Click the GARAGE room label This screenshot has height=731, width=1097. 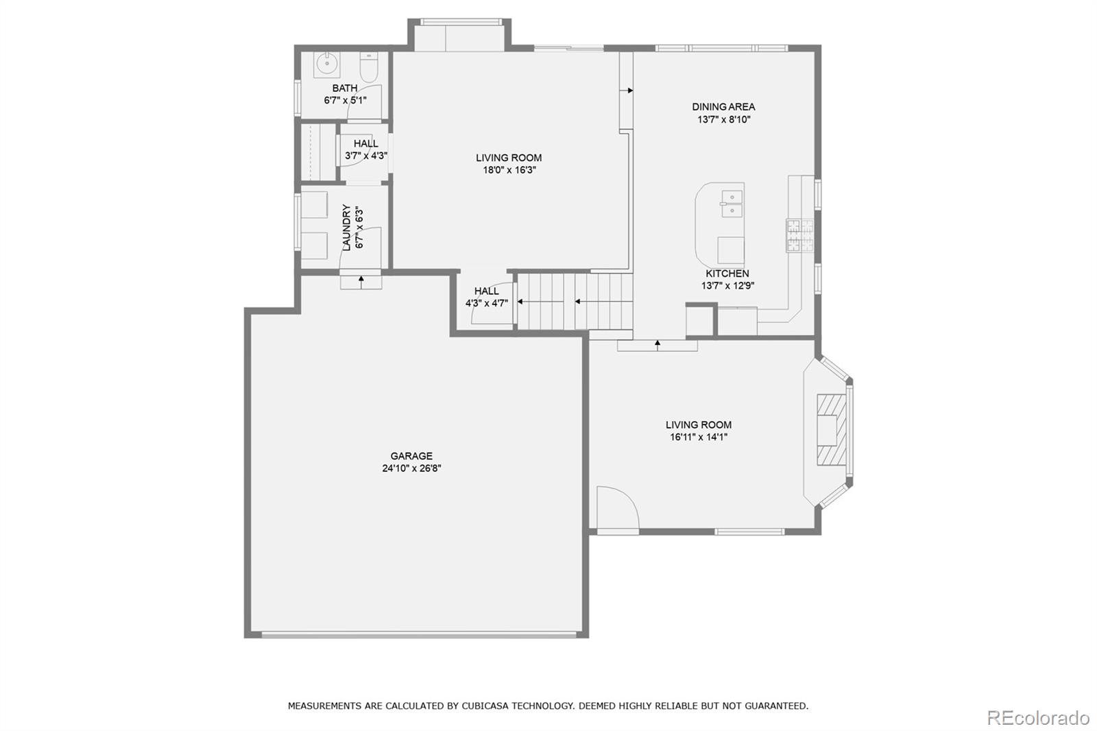point(411,456)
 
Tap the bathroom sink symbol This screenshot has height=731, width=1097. point(327,65)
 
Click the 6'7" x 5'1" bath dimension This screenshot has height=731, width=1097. point(345,100)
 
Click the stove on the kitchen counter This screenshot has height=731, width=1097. point(799,235)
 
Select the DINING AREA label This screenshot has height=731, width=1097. point(723,106)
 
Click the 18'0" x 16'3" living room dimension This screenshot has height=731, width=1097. point(509,170)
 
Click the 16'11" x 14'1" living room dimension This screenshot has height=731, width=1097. point(698,437)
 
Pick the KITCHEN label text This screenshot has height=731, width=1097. point(727,274)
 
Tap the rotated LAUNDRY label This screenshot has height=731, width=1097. point(347,228)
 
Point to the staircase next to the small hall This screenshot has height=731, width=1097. point(575,301)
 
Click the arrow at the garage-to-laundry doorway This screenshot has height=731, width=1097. point(361,280)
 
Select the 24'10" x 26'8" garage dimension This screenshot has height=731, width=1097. point(411,468)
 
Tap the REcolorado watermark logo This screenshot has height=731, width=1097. point(1037,717)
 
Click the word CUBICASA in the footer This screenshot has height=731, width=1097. point(490,705)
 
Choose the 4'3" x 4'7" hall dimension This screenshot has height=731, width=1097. point(486,302)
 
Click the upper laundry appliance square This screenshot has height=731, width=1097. point(315,204)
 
